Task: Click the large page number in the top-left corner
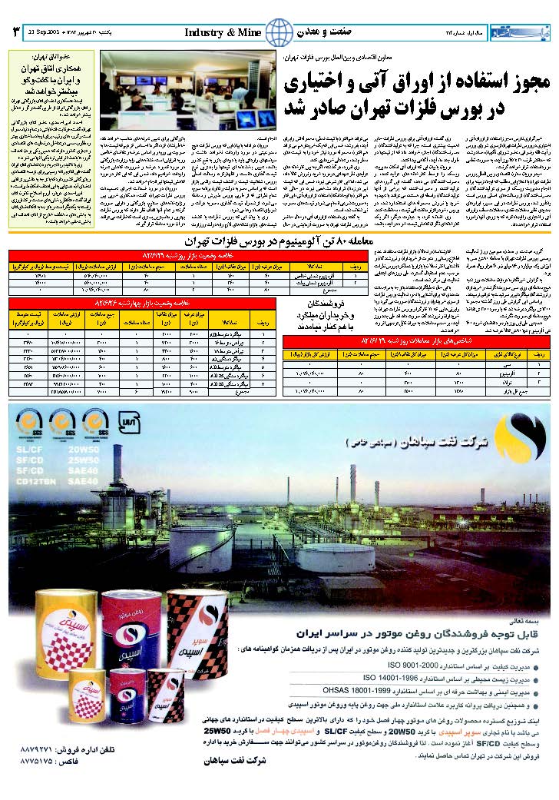(15, 32)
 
